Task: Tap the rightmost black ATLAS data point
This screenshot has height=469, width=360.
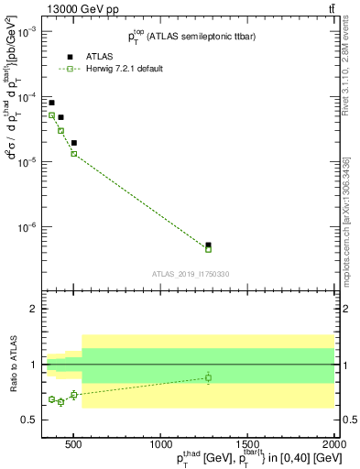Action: [x=209, y=245]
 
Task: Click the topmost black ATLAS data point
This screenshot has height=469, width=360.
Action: [x=51, y=103]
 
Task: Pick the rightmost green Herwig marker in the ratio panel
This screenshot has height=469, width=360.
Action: [x=209, y=377]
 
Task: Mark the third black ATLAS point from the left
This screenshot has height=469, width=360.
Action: [x=73, y=143]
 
